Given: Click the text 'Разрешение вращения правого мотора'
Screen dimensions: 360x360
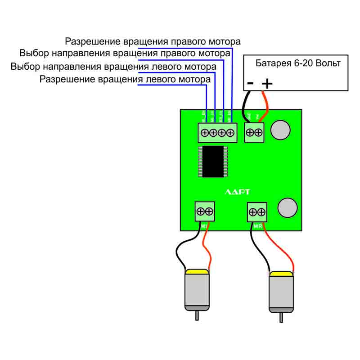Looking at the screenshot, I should [x=153, y=42].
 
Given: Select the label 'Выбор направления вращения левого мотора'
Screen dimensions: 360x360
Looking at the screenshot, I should [x=113, y=67].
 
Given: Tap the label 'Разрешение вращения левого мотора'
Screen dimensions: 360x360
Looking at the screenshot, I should [x=125, y=80].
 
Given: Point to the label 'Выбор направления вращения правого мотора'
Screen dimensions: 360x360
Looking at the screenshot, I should [x=125, y=54].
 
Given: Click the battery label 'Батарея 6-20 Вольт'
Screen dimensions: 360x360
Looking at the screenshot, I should [x=298, y=63].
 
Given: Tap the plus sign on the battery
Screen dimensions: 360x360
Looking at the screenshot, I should [x=267, y=83].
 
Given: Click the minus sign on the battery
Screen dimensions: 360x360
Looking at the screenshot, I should [x=250, y=83].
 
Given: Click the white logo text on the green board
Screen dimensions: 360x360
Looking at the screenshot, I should [x=237, y=192].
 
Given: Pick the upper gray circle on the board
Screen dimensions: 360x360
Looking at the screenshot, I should [x=282, y=130].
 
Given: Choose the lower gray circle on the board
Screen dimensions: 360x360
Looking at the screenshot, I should [x=288, y=207].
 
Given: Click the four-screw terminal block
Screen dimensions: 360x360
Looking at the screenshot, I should [x=217, y=133].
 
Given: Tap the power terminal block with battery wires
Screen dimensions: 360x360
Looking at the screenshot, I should [x=254, y=132].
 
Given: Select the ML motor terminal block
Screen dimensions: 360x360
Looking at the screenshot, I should [x=205, y=211].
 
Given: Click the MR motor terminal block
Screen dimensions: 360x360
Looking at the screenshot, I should [x=257, y=212].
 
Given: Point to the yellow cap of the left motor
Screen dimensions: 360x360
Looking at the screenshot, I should [x=197, y=272].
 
